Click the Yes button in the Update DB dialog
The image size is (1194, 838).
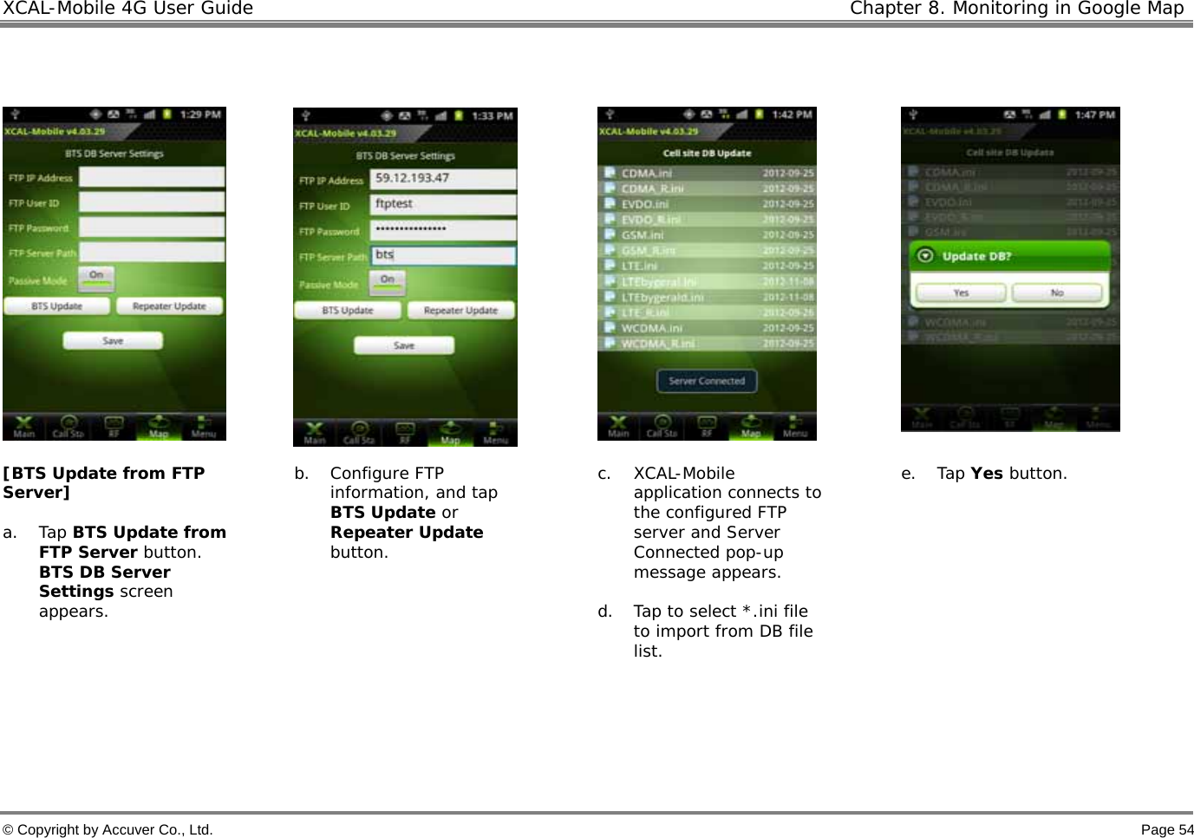[x=961, y=293]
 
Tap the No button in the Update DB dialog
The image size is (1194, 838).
[x=1058, y=293]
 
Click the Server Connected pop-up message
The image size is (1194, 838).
[x=707, y=381]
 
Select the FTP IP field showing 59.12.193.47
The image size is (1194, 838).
[x=443, y=179]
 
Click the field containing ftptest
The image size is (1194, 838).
[x=443, y=204]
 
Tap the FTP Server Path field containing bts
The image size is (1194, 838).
[x=443, y=255]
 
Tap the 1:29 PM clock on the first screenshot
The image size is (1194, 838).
[x=200, y=115]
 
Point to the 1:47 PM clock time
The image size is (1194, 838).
[x=1095, y=115]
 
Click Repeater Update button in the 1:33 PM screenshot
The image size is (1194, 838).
[x=460, y=311]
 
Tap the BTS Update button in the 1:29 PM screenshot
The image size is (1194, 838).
[x=57, y=306]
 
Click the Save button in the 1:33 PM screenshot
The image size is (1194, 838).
[x=404, y=345]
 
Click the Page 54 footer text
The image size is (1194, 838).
[x=1166, y=829]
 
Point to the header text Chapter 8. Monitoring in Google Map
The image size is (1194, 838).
[x=1016, y=9]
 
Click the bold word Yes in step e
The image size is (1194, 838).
[x=987, y=474]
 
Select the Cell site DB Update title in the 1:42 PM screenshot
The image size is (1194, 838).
[x=707, y=154]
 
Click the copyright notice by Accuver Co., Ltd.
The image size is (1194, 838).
[x=108, y=829]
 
